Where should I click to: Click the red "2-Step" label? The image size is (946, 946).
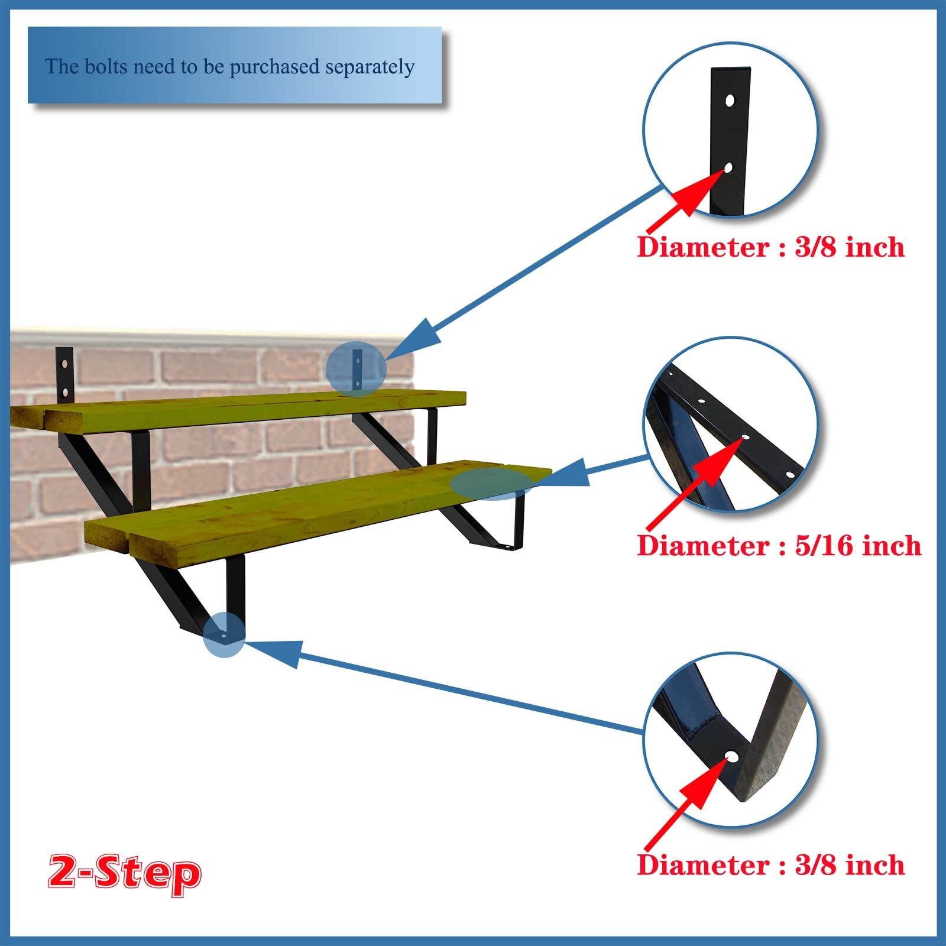(124, 873)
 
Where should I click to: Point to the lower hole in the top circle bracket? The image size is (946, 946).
(728, 168)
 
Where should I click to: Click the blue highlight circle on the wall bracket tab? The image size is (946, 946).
(356, 369)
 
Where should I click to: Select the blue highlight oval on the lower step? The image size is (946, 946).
(491, 484)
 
